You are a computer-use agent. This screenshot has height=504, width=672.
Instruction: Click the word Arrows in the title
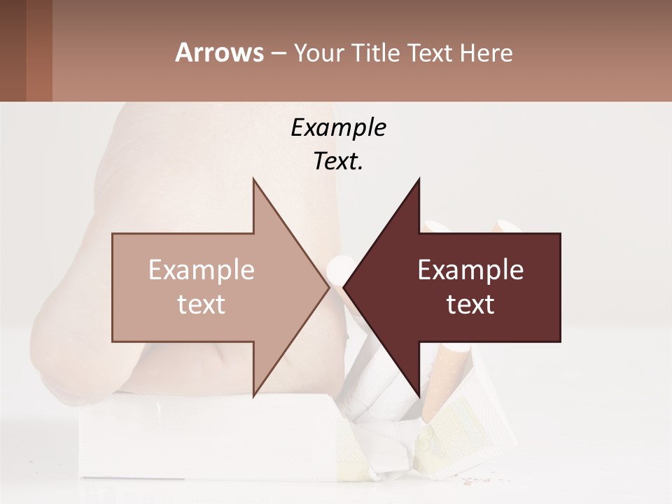pos(219,52)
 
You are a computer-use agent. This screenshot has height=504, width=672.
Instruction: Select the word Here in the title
pos(486,53)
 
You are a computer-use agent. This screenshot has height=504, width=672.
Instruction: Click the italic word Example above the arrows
pos(338,128)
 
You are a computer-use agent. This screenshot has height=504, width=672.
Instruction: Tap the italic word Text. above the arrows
pos(338,162)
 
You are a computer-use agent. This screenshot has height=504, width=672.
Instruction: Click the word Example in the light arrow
pos(202,269)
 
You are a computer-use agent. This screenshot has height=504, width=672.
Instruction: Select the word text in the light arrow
pos(202,304)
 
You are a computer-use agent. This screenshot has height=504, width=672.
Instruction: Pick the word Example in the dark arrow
pos(470,269)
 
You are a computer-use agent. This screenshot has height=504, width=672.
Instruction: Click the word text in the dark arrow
pos(470,304)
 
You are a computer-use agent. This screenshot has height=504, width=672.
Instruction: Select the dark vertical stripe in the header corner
pos(38,50)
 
